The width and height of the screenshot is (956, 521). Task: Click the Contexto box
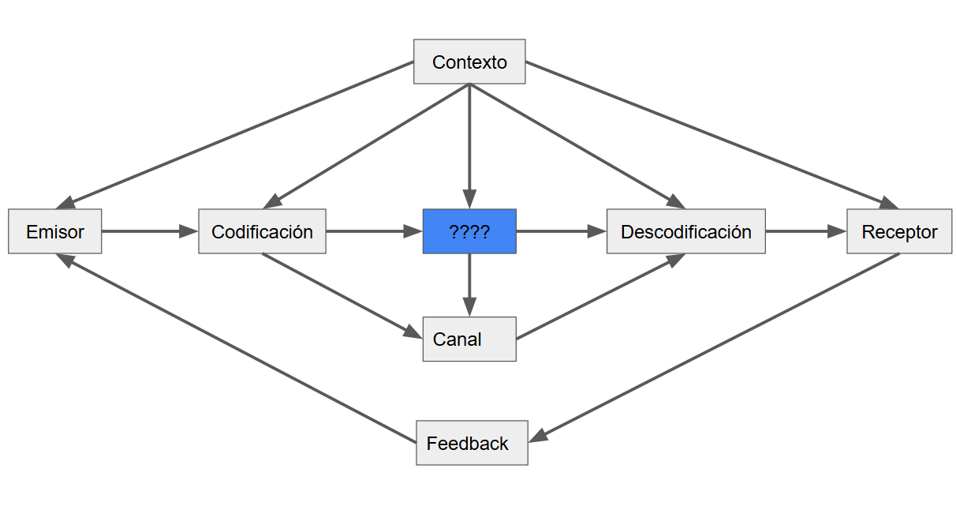tap(469, 62)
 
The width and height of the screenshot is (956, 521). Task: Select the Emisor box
tap(55, 231)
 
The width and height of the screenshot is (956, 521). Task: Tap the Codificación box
tap(262, 231)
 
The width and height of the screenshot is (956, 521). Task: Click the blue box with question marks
tap(469, 231)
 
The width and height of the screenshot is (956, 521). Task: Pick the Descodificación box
tap(685, 231)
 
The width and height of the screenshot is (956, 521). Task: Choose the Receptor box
tap(899, 231)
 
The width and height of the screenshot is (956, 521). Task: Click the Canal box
tap(469, 339)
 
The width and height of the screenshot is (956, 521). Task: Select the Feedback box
tap(472, 443)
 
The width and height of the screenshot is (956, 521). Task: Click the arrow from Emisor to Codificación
tap(150, 231)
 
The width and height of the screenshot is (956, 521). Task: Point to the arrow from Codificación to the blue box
tap(374, 231)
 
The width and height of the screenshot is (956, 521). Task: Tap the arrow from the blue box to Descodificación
tap(561, 231)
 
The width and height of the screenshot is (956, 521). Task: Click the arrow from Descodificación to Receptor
tap(805, 231)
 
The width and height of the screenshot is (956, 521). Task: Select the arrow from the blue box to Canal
tap(469, 285)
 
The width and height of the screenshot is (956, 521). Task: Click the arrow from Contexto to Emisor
tap(237, 134)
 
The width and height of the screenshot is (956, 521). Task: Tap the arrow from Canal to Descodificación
tap(600, 296)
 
